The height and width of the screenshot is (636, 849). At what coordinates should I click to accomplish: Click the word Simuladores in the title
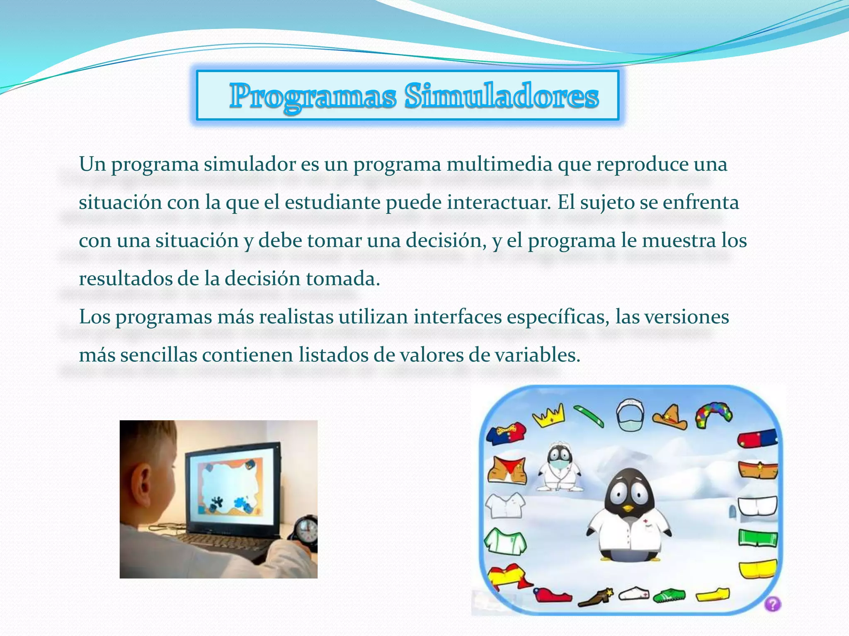[x=502, y=96]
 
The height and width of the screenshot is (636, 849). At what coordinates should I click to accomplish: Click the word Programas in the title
[x=313, y=96]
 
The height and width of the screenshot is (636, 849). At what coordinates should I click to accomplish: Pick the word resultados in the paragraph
[x=125, y=279]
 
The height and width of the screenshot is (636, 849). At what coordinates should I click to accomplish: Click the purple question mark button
[x=773, y=603]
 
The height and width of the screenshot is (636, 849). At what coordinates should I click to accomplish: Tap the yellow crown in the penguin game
[x=549, y=415]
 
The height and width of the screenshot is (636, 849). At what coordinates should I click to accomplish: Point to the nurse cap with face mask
[x=629, y=415]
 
